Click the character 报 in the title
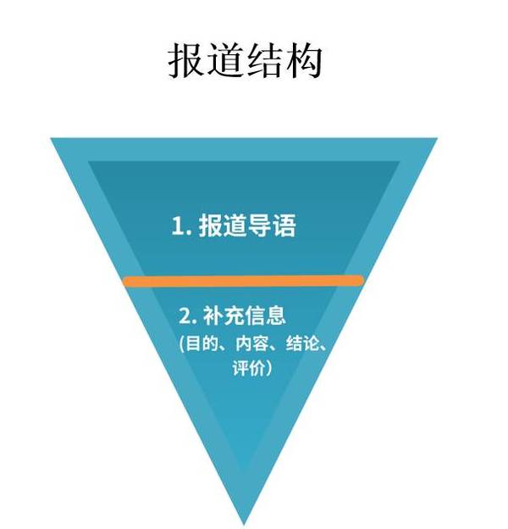coord(187,61)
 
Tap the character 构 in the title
coord(304,61)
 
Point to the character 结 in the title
coord(265,61)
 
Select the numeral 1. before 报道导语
coord(181,226)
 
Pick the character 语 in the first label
coord(284,226)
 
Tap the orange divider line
coord(243,281)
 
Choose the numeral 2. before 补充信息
coord(187,315)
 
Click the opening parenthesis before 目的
coord(182,344)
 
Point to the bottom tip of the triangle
coord(244,525)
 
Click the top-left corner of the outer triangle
coord(51,138)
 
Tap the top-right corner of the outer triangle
coord(437,138)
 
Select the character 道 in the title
coord(226,61)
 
